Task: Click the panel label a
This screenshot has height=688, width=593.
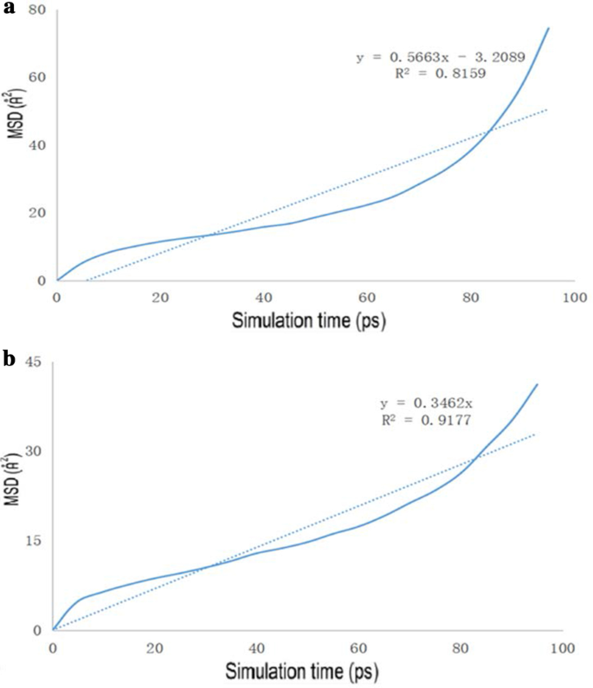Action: click(10, 12)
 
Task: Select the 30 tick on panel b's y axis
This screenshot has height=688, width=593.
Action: click(35, 451)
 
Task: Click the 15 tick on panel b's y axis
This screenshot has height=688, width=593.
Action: click(35, 541)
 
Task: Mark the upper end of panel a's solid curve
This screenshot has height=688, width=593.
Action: click(548, 28)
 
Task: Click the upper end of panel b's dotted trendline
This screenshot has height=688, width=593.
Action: click(537, 434)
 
